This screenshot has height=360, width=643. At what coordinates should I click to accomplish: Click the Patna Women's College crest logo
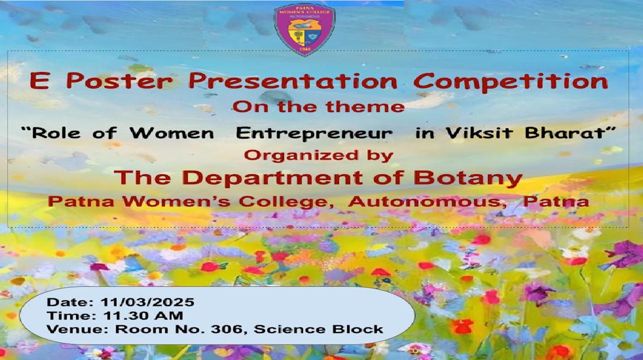304,29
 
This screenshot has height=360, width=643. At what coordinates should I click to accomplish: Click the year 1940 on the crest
304,50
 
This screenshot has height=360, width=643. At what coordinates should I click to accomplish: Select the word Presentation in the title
293,81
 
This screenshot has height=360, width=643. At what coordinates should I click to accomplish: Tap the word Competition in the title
511,82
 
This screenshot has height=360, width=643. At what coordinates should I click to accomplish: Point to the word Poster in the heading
120,81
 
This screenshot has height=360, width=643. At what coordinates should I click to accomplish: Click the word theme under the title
365,107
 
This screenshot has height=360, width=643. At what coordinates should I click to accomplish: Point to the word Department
272,178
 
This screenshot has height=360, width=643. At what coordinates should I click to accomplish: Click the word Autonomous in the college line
427,201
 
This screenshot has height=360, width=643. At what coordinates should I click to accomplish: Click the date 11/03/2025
147,302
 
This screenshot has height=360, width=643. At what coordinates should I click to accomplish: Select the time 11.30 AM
143,315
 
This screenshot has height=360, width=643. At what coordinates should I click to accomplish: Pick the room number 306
229,329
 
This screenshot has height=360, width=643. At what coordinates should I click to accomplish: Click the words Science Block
318,329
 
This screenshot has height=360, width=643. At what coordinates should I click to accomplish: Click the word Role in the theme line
56,134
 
